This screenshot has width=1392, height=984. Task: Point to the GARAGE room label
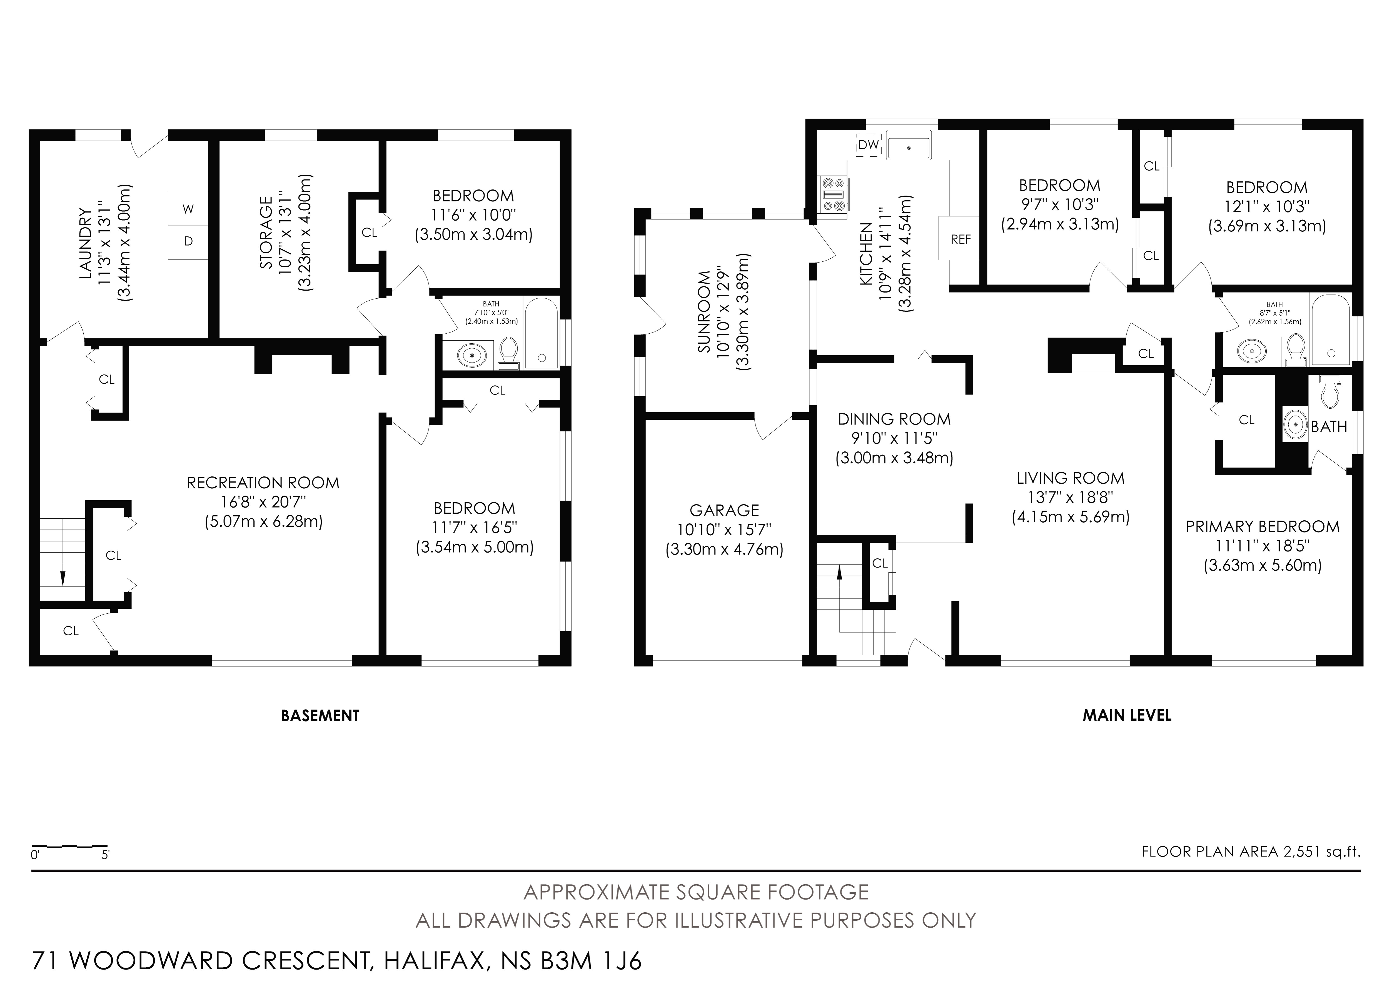[725, 511]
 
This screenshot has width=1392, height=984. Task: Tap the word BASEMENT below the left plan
[320, 716]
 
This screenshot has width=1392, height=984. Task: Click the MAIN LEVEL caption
[1127, 715]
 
